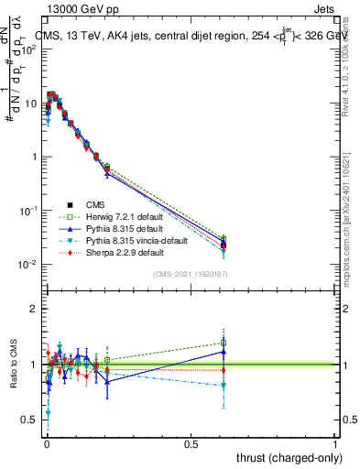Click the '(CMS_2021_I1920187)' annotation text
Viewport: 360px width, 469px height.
(191, 274)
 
